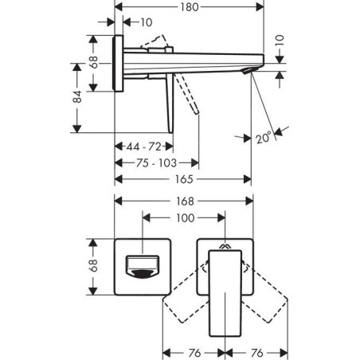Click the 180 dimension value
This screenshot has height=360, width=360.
[x=190, y=7]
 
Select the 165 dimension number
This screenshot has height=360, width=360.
[x=184, y=179]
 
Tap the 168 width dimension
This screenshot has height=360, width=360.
[x=185, y=202]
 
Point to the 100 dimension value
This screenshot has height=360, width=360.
[x=186, y=218]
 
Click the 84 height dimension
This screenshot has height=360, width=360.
[x=77, y=96]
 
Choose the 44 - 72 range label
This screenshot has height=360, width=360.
[x=143, y=147]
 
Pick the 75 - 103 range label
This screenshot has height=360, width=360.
[x=156, y=162]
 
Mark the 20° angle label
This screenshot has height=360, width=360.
[x=264, y=138]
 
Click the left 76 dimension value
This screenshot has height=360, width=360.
[x=194, y=353]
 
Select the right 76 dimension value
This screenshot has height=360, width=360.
[x=256, y=353]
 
